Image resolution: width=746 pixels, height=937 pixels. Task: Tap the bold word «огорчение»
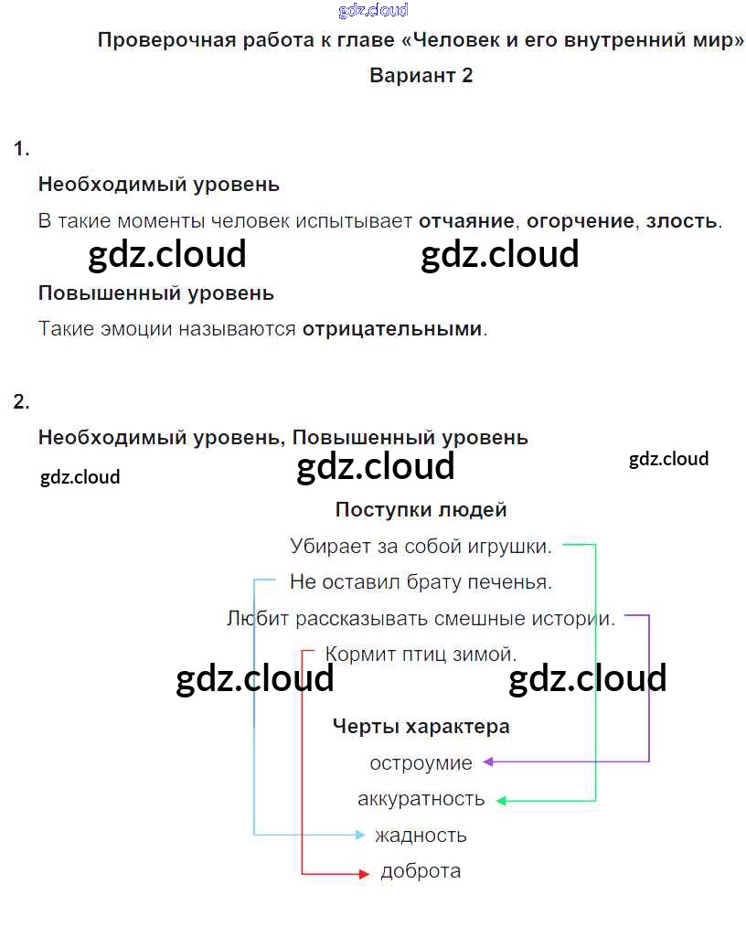[581, 221]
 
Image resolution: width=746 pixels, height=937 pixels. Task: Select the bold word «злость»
[681, 221]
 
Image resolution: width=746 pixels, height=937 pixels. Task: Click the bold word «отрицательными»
[391, 329]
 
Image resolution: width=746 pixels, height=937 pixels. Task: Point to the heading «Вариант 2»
[421, 76]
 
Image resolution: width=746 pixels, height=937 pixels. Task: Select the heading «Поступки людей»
[421, 510]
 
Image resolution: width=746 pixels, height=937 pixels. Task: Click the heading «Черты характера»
[421, 727]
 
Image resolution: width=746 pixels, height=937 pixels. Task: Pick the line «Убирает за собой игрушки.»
[421, 547]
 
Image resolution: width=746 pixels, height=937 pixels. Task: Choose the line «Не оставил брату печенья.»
[421, 581]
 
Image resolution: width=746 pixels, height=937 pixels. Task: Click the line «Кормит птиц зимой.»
[421, 655]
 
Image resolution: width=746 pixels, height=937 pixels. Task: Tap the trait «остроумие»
[421, 762]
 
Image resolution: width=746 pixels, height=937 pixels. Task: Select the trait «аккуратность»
[421, 799]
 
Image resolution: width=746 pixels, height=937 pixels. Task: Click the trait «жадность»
[421, 835]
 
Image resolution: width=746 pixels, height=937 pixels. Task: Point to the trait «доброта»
[421, 871]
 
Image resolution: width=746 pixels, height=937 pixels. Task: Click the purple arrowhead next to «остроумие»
[488, 761]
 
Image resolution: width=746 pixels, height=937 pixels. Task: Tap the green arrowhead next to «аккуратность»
[502, 801]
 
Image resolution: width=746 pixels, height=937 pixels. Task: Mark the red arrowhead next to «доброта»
[362, 874]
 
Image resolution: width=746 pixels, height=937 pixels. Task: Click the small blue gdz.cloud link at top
[373, 11]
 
